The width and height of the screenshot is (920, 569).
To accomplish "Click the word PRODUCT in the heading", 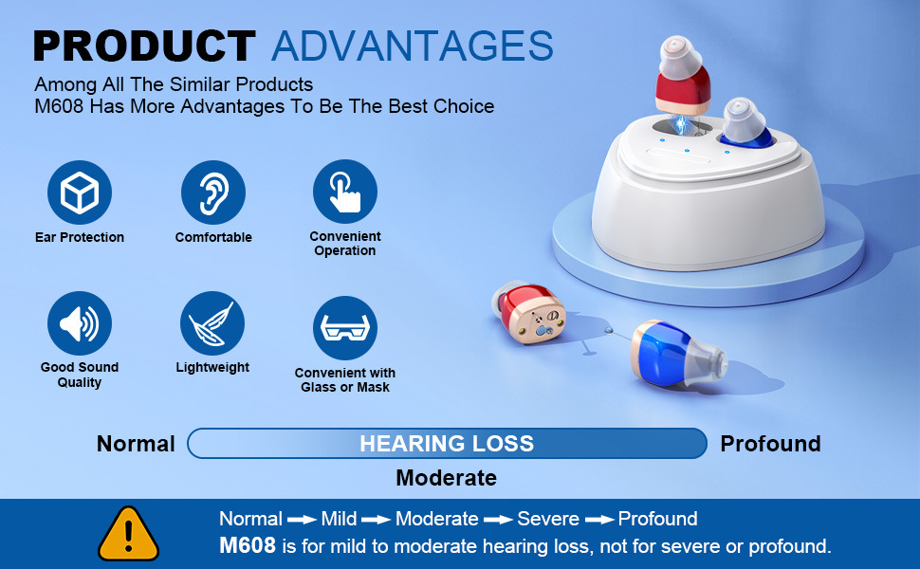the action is click(x=144, y=46).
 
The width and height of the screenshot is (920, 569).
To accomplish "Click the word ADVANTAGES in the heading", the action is click(x=413, y=46).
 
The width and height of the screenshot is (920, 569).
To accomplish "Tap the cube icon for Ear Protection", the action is click(x=80, y=193).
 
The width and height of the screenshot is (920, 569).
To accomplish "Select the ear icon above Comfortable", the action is click(x=213, y=193).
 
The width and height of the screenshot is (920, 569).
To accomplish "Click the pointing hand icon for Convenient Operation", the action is click(x=345, y=192).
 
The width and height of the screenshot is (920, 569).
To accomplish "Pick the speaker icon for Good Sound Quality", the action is click(x=80, y=323).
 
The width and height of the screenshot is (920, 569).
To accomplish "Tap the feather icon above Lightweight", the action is click(x=212, y=323).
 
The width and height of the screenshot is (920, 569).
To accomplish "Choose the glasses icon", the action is click(x=345, y=328).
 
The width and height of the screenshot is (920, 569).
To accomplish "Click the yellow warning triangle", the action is click(x=128, y=535).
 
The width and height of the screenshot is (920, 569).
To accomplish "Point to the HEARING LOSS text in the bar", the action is click(x=447, y=444).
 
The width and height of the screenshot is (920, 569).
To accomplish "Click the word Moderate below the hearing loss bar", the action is click(x=447, y=478).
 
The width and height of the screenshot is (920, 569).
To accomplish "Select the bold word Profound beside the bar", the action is click(x=770, y=444).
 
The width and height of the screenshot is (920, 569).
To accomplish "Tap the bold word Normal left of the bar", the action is click(x=137, y=444).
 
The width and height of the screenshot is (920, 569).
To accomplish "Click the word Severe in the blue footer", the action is click(x=548, y=519).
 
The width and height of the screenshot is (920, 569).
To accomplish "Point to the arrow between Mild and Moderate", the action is click(x=377, y=520).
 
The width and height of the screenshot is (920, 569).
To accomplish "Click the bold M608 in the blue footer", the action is click(x=248, y=545).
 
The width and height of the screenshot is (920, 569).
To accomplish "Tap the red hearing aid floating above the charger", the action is click(x=682, y=75).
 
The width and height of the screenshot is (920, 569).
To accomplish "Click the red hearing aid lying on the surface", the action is click(x=528, y=313).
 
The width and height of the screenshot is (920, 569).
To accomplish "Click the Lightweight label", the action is click(x=212, y=367).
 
